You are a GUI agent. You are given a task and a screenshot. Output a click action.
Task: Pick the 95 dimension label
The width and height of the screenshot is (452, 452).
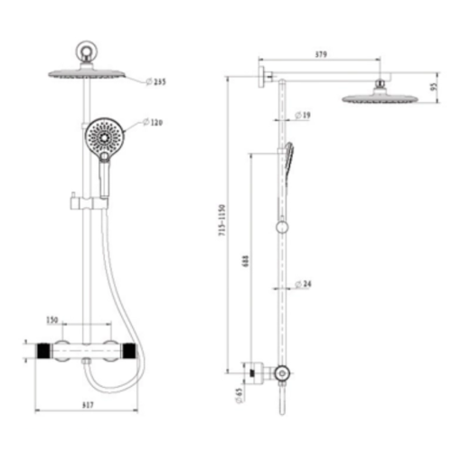pyautogui.click(x=434, y=88)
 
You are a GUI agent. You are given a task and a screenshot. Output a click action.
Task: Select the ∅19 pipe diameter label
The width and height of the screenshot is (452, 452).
pyautogui.click(x=304, y=115)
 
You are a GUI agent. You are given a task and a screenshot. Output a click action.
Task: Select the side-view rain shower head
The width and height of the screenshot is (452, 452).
pyautogui.click(x=378, y=96)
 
